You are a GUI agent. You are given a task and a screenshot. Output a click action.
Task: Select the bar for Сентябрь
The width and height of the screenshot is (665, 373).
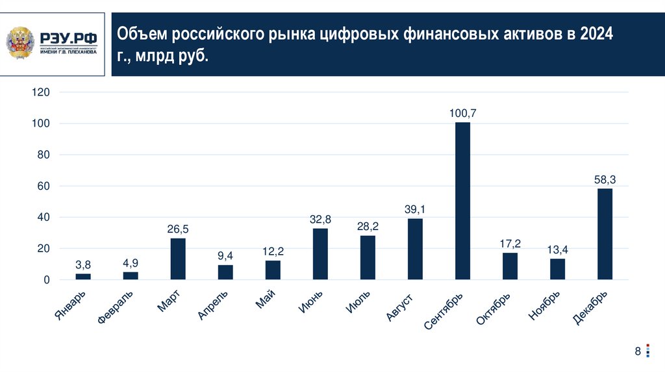(x=462, y=201)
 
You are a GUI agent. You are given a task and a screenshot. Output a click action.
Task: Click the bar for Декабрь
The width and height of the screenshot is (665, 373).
(x=605, y=234)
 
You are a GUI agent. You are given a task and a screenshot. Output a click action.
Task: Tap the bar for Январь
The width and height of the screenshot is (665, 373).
(x=83, y=277)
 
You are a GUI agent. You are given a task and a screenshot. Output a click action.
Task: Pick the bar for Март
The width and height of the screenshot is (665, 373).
(x=178, y=259)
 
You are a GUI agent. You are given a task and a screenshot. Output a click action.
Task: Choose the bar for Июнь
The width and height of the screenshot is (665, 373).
(x=320, y=254)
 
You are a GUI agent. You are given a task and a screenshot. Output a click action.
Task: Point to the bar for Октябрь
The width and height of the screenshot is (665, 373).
(x=510, y=266)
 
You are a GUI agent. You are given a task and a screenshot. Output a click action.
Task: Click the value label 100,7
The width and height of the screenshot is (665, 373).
(x=462, y=113)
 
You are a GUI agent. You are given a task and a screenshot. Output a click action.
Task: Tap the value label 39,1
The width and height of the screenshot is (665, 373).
(x=415, y=209)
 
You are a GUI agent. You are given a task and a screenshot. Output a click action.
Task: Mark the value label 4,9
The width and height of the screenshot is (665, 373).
(x=131, y=263)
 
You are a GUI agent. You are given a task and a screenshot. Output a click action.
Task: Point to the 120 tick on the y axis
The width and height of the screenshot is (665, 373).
(x=41, y=92)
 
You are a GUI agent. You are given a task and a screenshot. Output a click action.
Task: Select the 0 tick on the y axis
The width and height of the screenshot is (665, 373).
(x=46, y=280)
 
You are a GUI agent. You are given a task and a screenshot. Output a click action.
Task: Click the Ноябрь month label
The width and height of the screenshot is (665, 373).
(x=544, y=305)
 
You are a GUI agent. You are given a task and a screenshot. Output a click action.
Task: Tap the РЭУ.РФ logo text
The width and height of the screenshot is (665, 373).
(x=68, y=39)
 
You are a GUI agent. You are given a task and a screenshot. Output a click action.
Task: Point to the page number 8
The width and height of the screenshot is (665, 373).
(x=638, y=352)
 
